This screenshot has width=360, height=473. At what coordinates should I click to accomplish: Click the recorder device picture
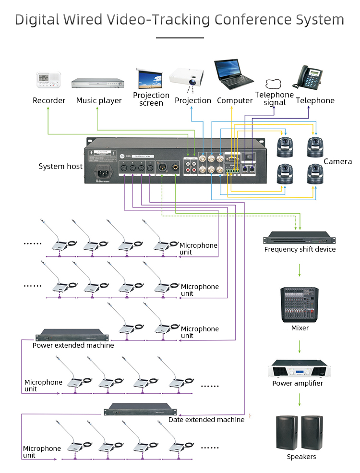click(x=49, y=80)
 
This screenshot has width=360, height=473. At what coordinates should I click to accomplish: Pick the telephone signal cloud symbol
click(x=274, y=84)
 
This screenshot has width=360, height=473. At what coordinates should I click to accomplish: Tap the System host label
click(x=60, y=167)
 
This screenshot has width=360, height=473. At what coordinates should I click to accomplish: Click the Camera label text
click(x=337, y=162)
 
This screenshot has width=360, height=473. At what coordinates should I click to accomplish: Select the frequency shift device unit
click(x=298, y=238)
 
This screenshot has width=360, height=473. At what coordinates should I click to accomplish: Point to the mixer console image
click(x=300, y=304)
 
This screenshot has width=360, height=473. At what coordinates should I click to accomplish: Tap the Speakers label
click(x=301, y=457)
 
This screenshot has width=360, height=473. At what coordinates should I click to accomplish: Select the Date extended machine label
click(x=206, y=420)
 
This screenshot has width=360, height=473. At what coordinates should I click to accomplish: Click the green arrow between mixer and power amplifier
click(x=300, y=347)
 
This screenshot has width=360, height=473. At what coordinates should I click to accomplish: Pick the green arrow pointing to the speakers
click(x=300, y=400)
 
